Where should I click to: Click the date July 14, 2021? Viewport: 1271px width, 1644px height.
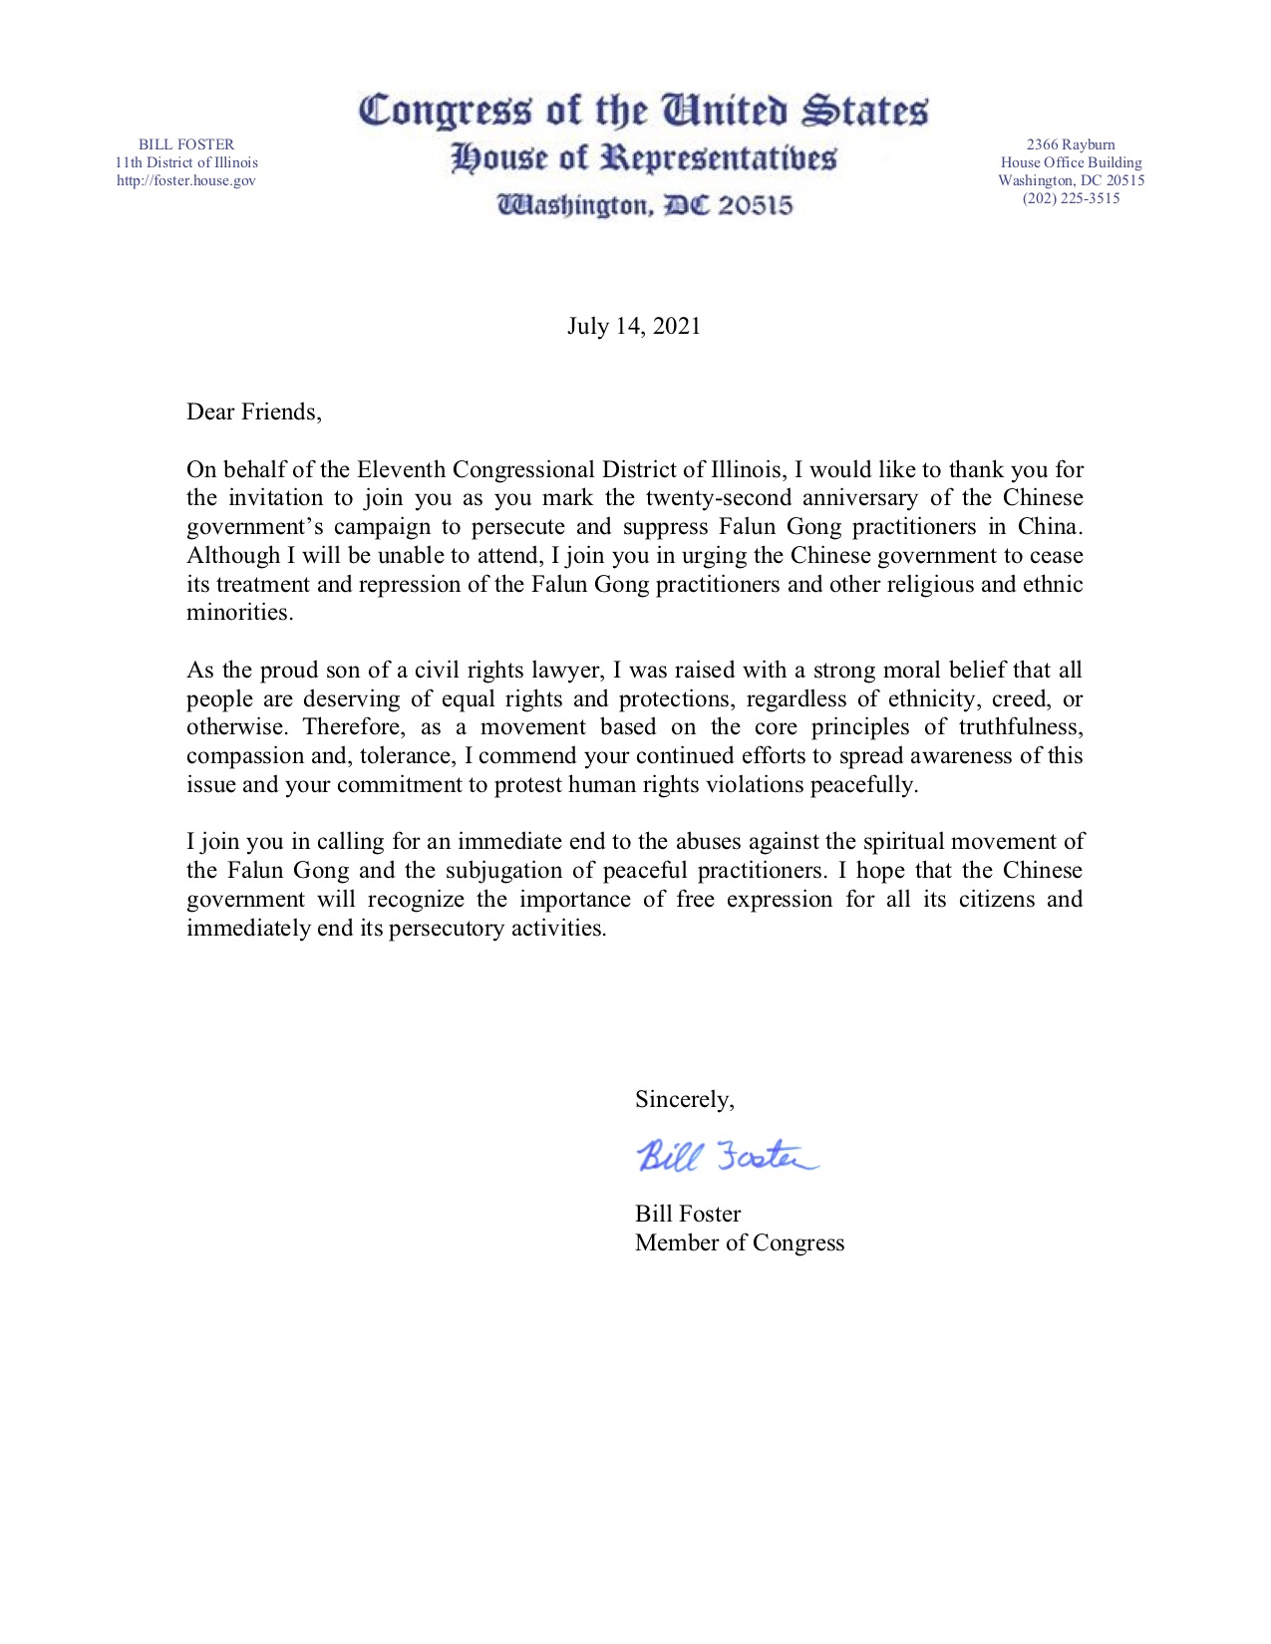click(634, 327)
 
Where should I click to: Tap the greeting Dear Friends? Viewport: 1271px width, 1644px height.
click(253, 412)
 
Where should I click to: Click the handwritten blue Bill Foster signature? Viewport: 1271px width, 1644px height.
click(727, 1156)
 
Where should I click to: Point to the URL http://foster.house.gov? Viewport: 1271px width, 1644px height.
click(186, 180)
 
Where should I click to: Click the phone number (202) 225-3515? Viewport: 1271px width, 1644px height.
click(1071, 198)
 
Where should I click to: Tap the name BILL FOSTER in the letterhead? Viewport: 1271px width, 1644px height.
click(186, 144)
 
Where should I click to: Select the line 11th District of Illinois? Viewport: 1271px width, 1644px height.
click(186, 162)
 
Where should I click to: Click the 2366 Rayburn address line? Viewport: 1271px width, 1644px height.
click(1071, 144)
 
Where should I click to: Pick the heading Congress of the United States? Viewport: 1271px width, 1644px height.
click(643, 111)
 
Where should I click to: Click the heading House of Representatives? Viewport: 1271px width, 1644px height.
click(643, 158)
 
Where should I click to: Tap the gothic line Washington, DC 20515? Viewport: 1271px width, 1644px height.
click(645, 205)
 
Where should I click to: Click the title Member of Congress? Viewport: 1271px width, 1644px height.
click(740, 1243)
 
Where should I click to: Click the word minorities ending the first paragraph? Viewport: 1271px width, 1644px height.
click(239, 613)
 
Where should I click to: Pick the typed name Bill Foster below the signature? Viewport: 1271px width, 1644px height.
click(688, 1215)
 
